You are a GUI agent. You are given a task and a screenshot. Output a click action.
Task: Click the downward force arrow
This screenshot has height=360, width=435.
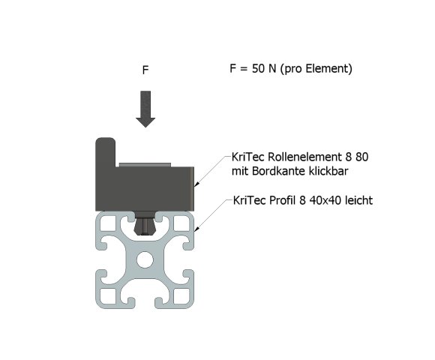(x=145, y=109)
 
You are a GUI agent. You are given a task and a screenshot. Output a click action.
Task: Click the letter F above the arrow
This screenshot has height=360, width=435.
(x=145, y=70)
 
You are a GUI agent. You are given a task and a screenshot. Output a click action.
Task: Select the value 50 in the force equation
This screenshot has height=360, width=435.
(x=258, y=68)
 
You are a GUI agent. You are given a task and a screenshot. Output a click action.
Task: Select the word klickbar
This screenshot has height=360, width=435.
(x=332, y=171)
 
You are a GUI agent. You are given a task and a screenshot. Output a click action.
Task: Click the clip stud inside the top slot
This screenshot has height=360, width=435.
(x=145, y=224)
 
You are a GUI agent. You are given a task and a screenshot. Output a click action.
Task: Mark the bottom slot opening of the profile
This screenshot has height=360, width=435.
(x=145, y=303)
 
